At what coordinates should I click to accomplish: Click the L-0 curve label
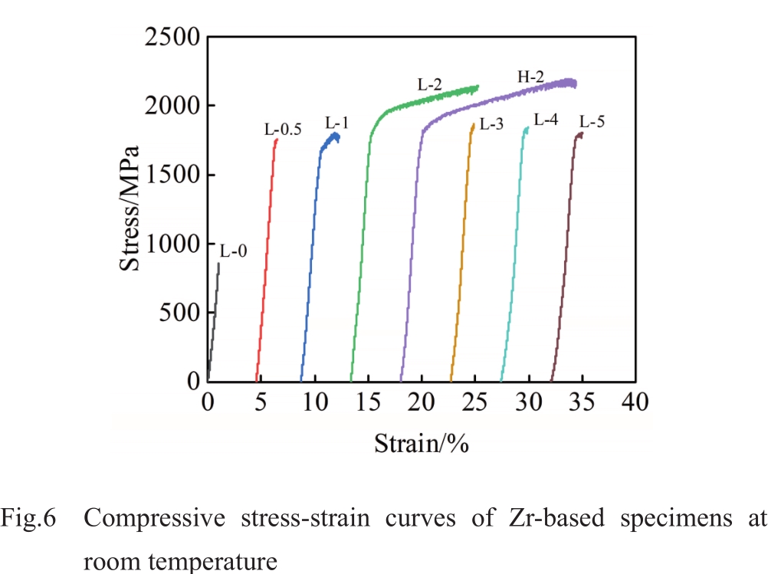coord(234,251)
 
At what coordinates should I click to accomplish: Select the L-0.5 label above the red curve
coord(283,130)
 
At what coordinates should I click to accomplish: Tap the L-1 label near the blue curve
coord(337,123)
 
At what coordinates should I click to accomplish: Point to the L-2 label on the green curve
coord(429,85)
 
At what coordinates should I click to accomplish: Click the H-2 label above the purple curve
coord(527,77)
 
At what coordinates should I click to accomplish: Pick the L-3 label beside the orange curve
coord(491,124)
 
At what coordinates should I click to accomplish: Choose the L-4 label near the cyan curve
coord(546,120)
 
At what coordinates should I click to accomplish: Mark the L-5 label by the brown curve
coord(592,121)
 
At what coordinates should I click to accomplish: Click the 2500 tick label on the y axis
coord(170,37)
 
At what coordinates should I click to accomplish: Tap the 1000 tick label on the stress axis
coord(170,244)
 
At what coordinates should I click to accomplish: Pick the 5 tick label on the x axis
coord(261,402)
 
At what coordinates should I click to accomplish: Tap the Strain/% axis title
coord(421,443)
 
